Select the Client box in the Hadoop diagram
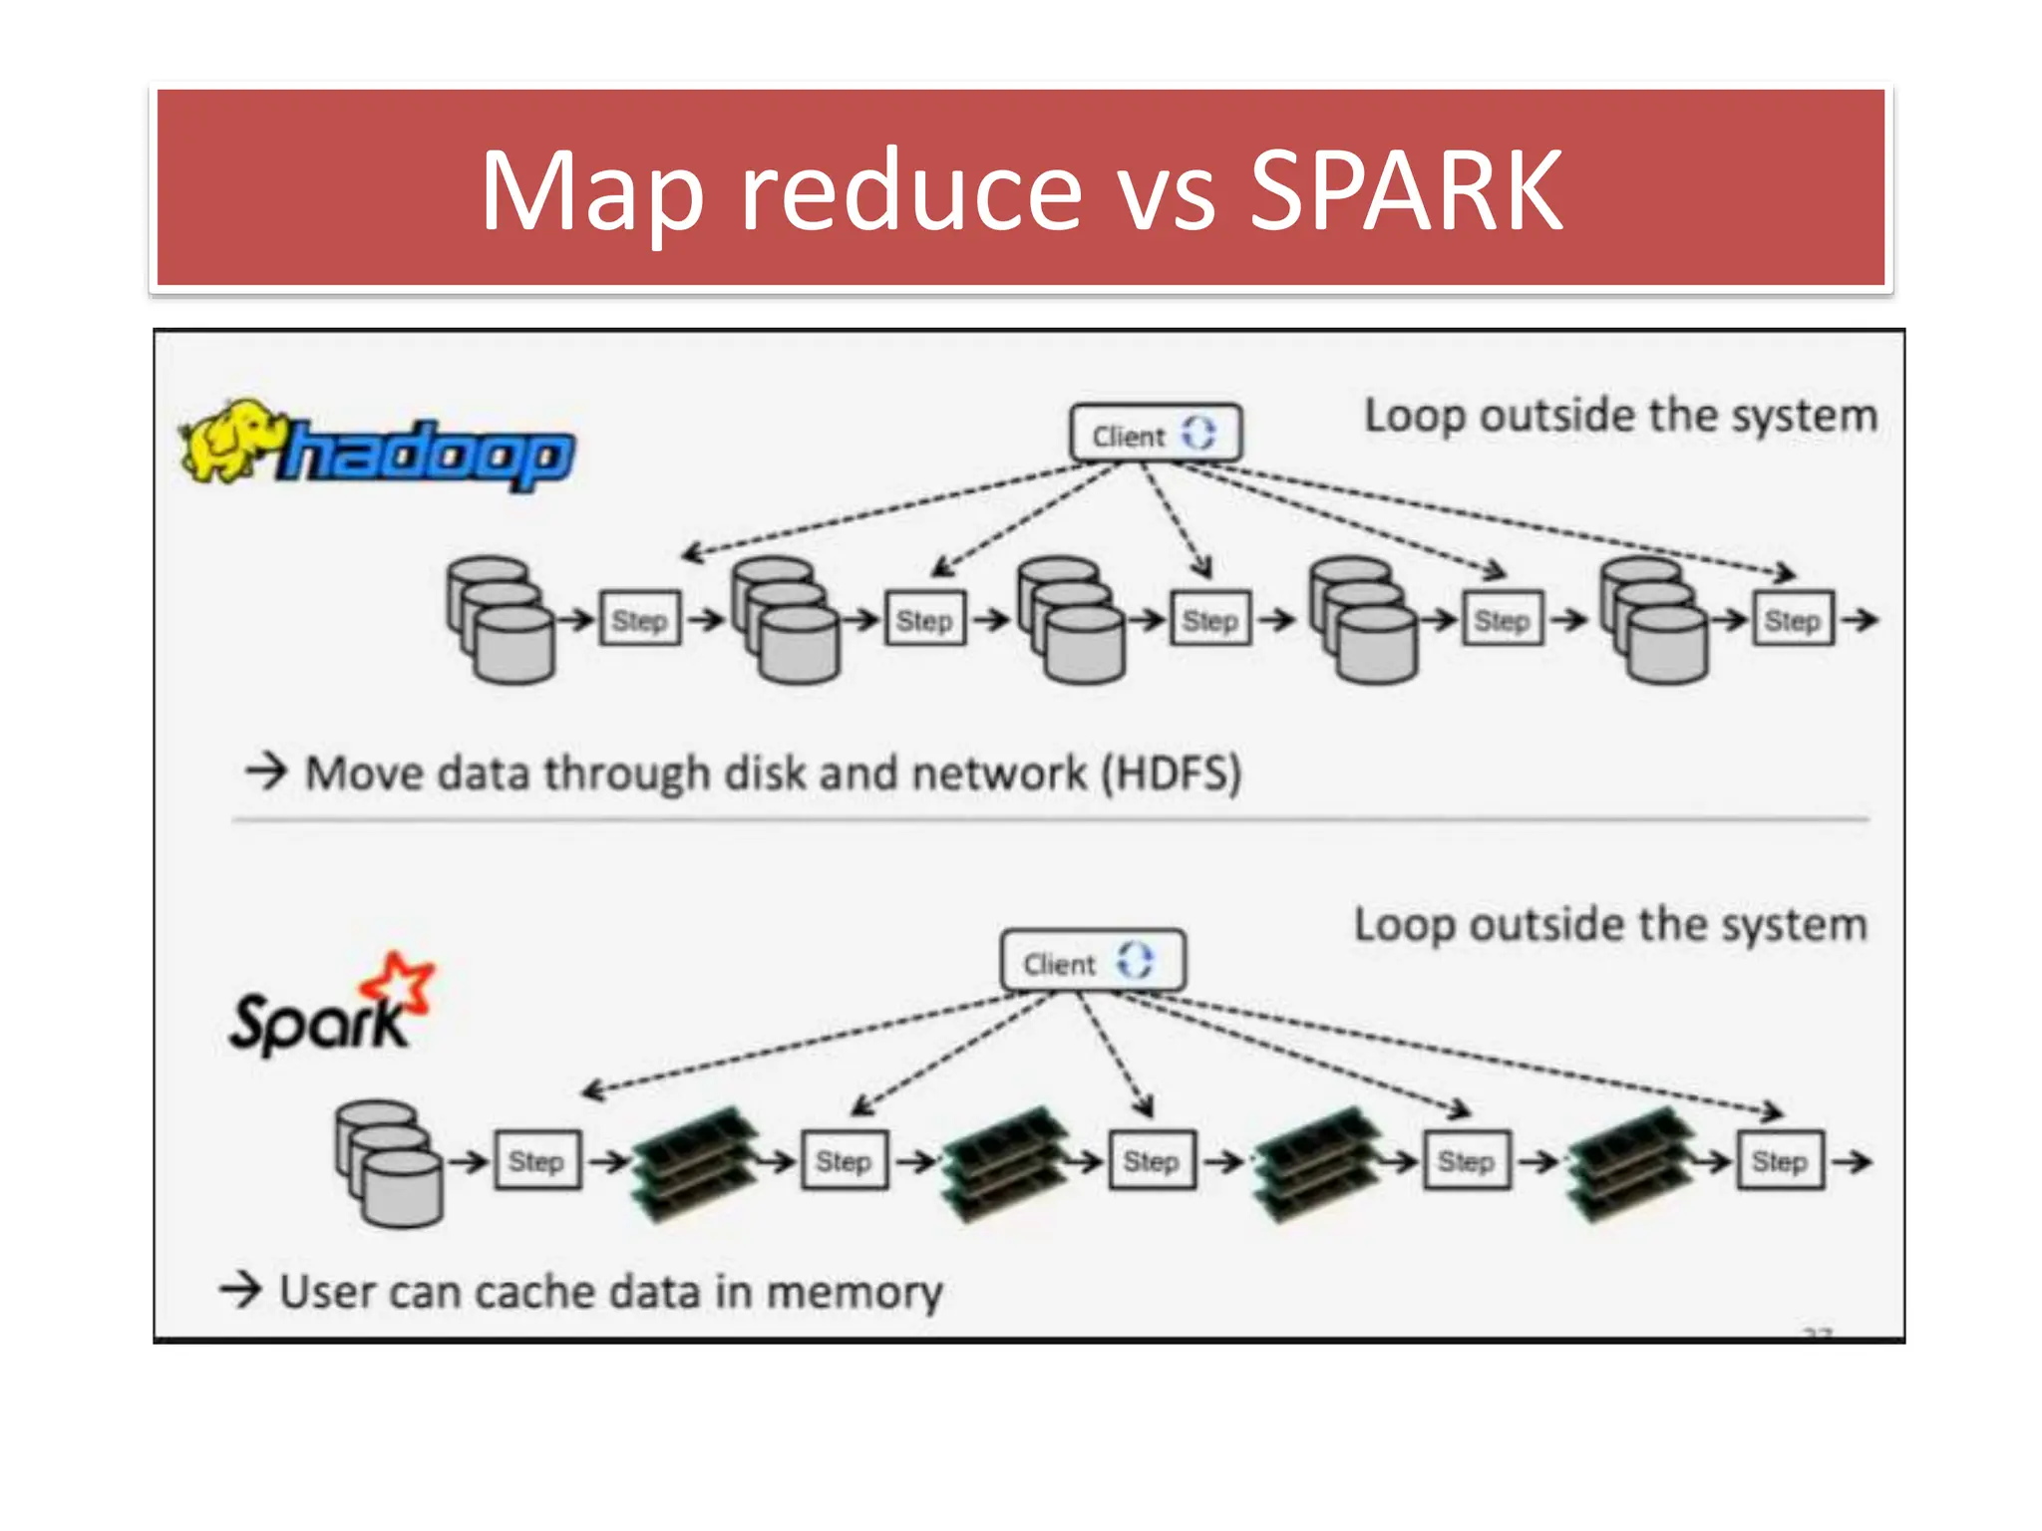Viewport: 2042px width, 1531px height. [1155, 434]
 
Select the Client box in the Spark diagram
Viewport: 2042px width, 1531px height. [1092, 962]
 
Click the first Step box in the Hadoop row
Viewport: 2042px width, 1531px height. [639, 620]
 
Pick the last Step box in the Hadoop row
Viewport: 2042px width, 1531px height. [1792, 620]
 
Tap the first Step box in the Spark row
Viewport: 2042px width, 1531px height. [536, 1160]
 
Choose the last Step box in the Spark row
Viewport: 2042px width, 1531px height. [1780, 1160]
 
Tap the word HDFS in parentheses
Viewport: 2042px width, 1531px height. [1172, 773]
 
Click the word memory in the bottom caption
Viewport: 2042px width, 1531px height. [853, 1292]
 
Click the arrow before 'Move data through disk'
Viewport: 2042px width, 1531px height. [266, 770]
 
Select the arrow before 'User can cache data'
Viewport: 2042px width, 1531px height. [240, 1289]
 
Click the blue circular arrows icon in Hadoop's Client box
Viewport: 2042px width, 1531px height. [1198, 433]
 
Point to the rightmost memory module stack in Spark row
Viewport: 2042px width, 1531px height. [1627, 1162]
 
